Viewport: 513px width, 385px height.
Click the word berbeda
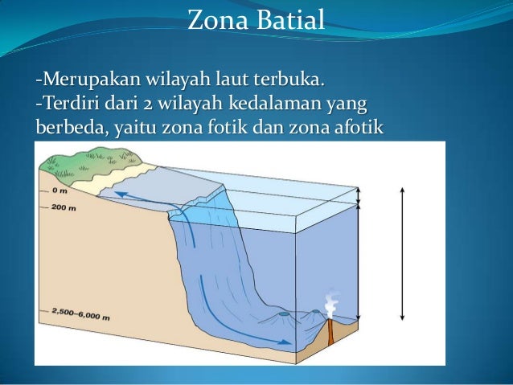point(63,127)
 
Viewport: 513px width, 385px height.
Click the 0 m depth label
point(59,190)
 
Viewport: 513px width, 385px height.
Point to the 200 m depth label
point(63,207)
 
